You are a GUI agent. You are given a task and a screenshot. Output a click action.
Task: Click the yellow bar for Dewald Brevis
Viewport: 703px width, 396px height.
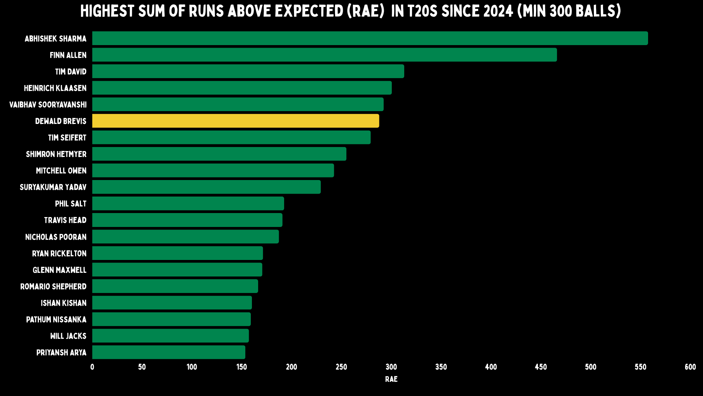tap(235, 121)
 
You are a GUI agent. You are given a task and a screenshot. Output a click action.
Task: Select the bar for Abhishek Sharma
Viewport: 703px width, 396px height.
tap(370, 38)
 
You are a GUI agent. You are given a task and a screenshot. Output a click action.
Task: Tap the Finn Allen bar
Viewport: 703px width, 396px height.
tap(324, 55)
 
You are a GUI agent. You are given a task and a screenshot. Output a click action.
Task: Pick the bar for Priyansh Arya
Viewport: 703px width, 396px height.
tap(169, 352)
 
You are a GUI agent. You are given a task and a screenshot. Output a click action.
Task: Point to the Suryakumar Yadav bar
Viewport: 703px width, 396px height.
tap(207, 187)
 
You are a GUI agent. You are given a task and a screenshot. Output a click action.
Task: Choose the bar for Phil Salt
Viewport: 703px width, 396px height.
tap(188, 203)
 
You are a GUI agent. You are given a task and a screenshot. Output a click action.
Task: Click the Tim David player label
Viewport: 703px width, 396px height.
tap(71, 71)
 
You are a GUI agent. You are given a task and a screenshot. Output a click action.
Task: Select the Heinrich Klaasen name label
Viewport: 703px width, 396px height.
tap(55, 88)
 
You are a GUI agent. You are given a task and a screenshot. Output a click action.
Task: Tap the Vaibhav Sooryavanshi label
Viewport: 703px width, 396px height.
tap(48, 104)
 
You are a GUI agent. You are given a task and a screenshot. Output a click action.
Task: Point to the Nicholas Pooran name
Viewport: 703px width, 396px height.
tap(56, 237)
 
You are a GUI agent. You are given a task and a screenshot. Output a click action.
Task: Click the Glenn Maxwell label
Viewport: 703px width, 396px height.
tap(60, 270)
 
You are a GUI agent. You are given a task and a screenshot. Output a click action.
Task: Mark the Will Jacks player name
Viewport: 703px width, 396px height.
tap(68, 336)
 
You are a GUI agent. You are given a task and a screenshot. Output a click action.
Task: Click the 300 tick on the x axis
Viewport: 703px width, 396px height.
tap(391, 367)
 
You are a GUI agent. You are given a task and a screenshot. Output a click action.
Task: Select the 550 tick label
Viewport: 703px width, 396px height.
tap(640, 367)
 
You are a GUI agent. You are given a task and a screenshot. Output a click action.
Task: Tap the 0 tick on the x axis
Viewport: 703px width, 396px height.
tap(92, 367)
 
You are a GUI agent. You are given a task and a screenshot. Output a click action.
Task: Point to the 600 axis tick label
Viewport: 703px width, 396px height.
tap(690, 367)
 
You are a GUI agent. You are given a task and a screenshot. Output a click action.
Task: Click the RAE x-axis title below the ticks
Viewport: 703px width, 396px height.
tap(391, 379)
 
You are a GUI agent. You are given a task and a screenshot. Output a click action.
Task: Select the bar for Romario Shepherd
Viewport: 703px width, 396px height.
tap(175, 286)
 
